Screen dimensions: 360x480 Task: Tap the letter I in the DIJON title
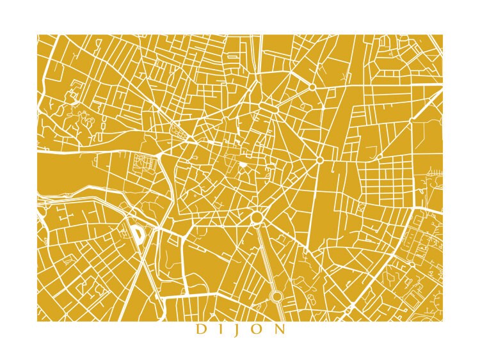[220, 330]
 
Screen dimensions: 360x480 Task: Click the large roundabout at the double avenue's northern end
[257, 217]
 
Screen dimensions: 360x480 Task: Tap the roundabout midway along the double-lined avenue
[276, 296]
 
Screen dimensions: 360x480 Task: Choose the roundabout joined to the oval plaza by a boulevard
[312, 86]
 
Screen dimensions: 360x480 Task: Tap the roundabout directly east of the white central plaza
[319, 160]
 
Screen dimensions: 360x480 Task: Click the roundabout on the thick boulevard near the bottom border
[348, 311]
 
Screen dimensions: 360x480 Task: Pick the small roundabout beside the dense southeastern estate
[410, 263]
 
